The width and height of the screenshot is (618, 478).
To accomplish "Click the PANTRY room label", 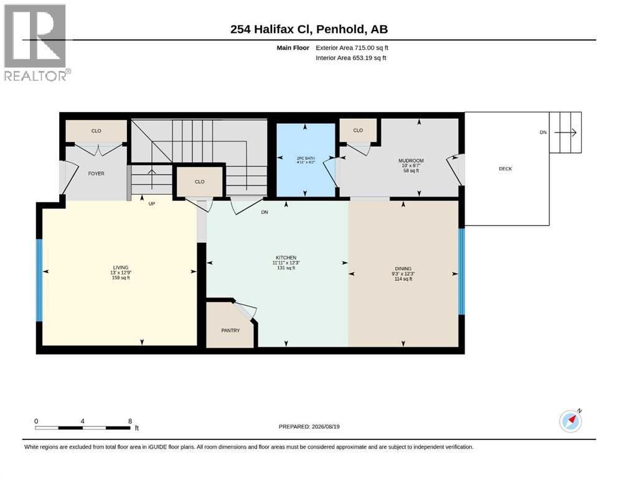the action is tap(230, 330).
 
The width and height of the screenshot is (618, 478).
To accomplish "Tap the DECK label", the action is tap(505, 169).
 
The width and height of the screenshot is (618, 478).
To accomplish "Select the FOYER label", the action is tap(96, 174).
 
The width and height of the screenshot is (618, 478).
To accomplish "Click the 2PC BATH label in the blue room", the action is tap(306, 159).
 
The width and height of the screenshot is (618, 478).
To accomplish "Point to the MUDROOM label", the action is tap(411, 161).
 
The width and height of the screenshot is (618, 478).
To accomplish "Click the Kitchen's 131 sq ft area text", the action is tap(286, 268).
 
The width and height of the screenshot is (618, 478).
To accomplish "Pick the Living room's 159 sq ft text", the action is tap(121, 278).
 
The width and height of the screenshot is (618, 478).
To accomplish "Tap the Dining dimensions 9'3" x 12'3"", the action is tap(403, 274).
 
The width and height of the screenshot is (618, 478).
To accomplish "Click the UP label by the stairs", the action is tap(152, 204).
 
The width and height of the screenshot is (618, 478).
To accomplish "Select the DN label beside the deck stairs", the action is tap(543, 133).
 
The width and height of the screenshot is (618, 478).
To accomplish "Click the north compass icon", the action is tap(570, 421).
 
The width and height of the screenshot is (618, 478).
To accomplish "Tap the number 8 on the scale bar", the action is tap(130, 421).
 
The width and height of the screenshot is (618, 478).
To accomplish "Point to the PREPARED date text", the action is tap(309, 426).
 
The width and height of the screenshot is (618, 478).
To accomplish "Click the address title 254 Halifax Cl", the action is tap(271, 29).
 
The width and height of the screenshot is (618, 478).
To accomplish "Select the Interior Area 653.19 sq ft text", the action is tap(351, 58).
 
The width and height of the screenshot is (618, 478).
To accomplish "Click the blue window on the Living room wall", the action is tap(39, 281).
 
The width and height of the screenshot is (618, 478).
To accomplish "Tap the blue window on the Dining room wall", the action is tap(462, 271).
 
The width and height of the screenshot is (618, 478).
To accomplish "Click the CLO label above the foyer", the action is tap(96, 131).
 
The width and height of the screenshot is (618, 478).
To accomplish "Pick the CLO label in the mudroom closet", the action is tap(358, 131).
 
